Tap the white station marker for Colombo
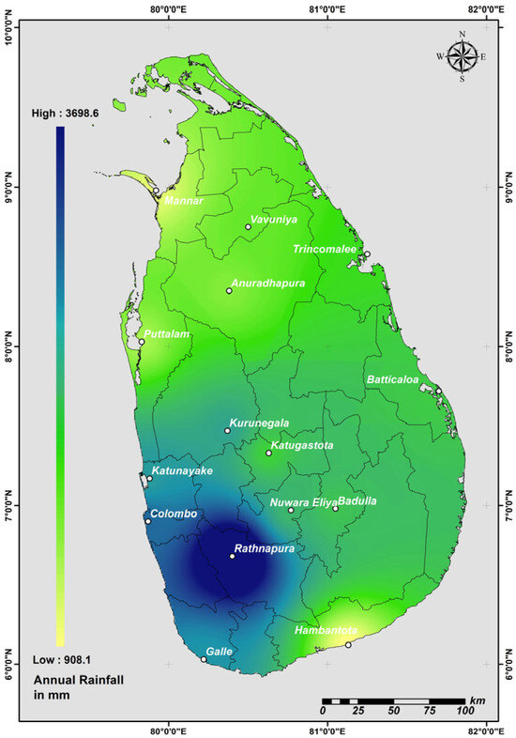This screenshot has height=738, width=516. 147,521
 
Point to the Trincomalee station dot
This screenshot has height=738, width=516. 368,254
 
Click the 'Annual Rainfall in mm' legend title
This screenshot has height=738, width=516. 68,684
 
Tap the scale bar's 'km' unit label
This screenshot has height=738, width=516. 478,700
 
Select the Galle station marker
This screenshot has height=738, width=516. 204,659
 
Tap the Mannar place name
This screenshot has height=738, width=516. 184,200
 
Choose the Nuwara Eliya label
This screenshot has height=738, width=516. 300,502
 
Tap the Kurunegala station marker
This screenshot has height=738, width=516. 228,431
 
